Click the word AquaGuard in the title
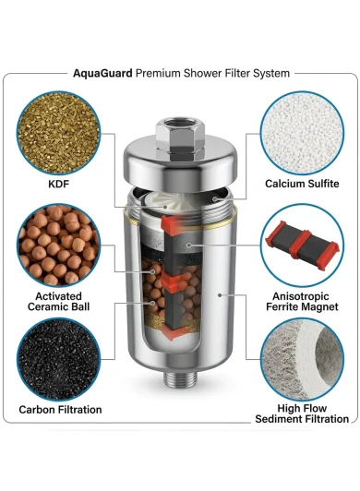pos(102,74)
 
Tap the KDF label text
pos(58,184)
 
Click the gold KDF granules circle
pos(58,133)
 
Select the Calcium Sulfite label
pos(302,184)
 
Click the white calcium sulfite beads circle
pos(303,133)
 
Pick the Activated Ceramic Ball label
pos(58,301)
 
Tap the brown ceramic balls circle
pos(58,245)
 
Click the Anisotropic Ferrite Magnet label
pos(302,301)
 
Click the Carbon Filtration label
pos(60,410)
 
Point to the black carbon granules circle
pos(58,359)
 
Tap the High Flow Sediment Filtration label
pos(302,413)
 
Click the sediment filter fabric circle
pos(303,359)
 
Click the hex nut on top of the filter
pos(180,136)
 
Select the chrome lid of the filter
pos(180,162)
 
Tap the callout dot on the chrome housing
pos(220,295)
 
